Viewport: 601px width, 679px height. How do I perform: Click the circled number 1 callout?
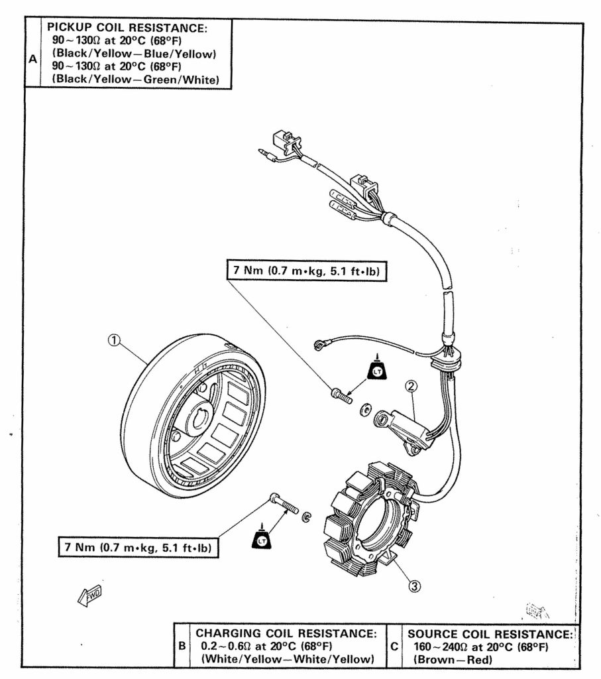click(114, 341)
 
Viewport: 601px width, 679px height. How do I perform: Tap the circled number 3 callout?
click(413, 585)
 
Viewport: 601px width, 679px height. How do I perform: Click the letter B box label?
click(182, 644)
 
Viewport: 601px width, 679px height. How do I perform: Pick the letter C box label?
click(394, 644)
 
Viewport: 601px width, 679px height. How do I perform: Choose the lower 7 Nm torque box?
click(137, 548)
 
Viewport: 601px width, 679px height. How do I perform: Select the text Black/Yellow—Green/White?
click(136, 80)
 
